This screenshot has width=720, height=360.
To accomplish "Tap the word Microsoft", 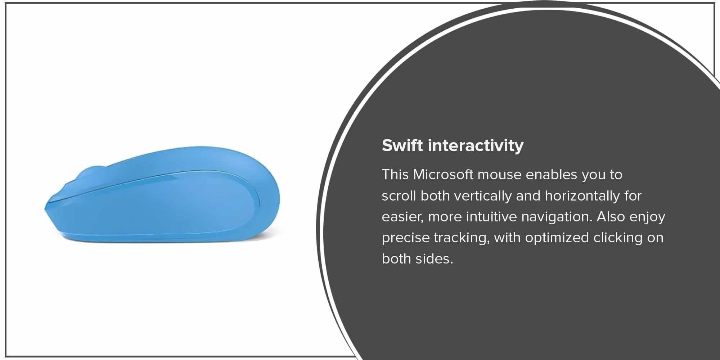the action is coord(443,175).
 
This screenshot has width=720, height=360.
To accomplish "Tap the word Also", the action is coord(611,217).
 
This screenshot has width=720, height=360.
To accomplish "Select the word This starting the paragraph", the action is coord(395,175).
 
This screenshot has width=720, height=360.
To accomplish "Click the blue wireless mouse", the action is coord(162,194).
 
